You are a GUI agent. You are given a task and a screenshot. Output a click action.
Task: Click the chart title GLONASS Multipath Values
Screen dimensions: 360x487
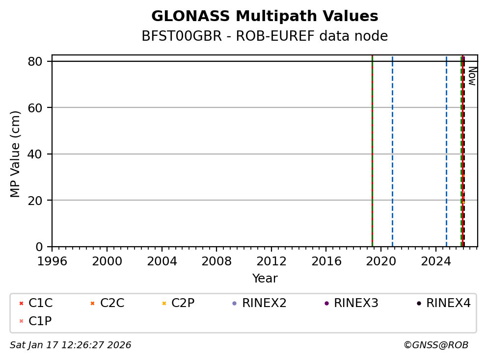click(265, 16)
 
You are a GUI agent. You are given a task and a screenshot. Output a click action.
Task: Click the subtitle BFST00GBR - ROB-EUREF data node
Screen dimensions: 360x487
click(265, 36)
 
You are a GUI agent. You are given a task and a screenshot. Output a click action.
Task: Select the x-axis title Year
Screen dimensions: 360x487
click(265, 279)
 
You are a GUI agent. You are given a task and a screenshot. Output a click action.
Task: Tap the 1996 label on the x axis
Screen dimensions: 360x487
click(52, 261)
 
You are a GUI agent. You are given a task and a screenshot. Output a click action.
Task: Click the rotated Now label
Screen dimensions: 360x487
click(472, 76)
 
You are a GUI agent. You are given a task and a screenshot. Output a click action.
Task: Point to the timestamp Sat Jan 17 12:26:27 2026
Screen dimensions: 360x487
click(71, 345)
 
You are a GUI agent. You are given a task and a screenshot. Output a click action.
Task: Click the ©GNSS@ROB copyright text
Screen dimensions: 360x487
click(436, 345)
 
